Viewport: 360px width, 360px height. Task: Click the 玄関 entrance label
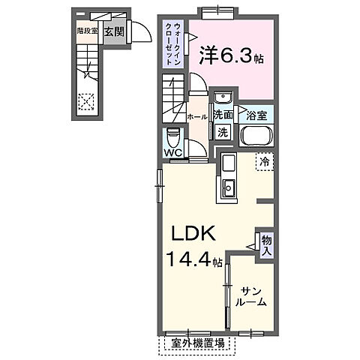point(114,32)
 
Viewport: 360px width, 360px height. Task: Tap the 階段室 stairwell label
point(88,31)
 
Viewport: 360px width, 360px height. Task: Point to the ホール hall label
point(196,116)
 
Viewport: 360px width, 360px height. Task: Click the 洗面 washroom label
point(223,115)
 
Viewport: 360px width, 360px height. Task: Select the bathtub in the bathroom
point(258,137)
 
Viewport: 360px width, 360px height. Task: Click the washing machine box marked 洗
point(223,133)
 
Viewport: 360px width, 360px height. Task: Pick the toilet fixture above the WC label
point(173,138)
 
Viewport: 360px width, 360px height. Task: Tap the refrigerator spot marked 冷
point(263,160)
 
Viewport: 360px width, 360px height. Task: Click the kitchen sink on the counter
point(228,188)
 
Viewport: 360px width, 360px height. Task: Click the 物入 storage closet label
point(265,245)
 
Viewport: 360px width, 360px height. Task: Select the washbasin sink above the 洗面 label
point(223,99)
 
